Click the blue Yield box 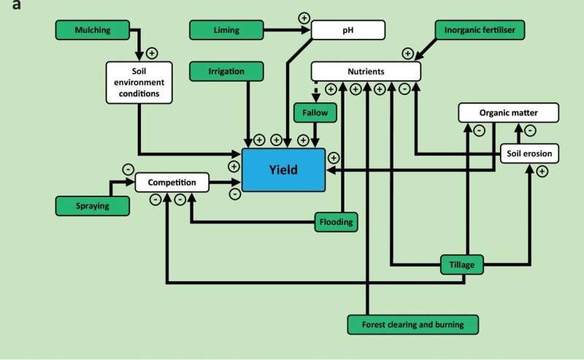tap(285, 169)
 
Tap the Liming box tap(226, 30)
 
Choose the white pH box tap(347, 30)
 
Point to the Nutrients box tap(366, 71)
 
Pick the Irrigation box tap(226, 71)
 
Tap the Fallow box tap(315, 113)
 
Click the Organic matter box tap(508, 112)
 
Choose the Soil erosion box tap(529, 153)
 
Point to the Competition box tap(172, 182)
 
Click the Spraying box tap(93, 205)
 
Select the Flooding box tap(337, 221)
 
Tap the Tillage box tap(463, 264)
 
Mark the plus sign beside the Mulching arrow tap(153, 53)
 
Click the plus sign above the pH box tap(304, 17)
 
